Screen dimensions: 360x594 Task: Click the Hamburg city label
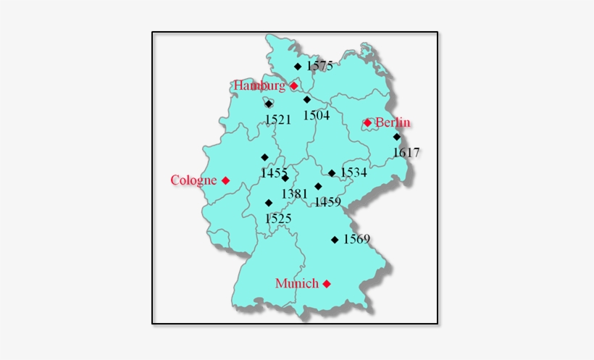259,85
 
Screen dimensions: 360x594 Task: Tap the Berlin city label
393,122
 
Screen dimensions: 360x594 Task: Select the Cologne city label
193,180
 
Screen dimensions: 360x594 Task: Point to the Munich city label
297,283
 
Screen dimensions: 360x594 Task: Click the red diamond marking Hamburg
294,85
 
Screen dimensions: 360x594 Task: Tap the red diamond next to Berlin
367,122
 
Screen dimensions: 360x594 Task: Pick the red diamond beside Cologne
226,180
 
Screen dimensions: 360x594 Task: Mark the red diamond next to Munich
327,283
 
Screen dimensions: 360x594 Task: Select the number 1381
295,193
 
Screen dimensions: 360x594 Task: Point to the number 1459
327,202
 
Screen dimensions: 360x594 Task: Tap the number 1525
278,217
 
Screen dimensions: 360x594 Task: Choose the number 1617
406,152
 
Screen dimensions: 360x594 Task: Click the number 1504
317,114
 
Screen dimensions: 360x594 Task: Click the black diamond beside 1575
298,66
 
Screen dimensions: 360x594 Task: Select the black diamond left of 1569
335,239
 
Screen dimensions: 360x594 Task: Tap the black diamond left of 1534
332,172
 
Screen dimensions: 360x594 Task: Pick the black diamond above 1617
397,136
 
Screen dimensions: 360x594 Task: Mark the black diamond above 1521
269,104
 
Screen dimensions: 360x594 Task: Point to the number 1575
319,66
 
